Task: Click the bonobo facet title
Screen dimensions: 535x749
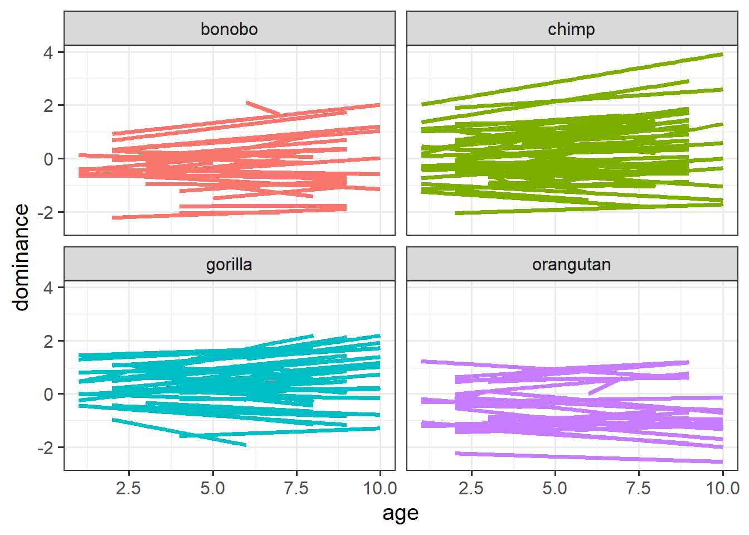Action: [229, 29]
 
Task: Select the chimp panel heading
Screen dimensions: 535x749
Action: [571, 29]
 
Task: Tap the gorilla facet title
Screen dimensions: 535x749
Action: [229, 264]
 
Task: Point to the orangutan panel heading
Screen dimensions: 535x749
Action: [571, 264]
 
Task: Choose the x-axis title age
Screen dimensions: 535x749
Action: [400, 513]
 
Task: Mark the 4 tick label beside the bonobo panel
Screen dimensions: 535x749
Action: [48, 53]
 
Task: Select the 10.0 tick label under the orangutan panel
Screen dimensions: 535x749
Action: [723, 489]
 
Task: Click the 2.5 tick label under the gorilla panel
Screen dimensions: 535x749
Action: [129, 489]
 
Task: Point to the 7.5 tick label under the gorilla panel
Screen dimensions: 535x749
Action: [296, 489]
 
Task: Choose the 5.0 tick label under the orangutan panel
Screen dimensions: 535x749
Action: [555, 489]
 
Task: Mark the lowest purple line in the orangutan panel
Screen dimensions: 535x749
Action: [585, 457]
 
